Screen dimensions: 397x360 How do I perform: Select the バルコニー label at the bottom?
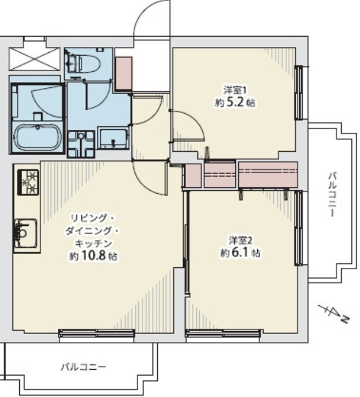tap(83, 366)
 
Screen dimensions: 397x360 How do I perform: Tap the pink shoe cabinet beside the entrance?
tap(123, 70)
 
